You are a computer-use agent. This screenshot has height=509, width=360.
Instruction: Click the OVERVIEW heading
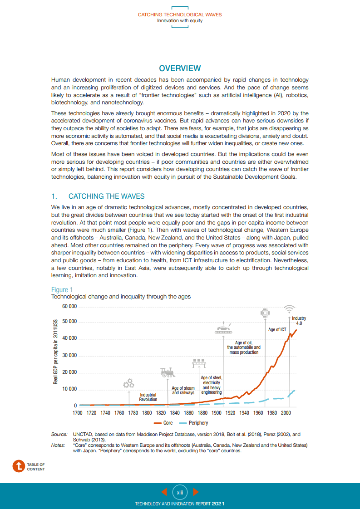pos(180,69)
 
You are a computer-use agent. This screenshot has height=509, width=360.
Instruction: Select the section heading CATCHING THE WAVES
pos(106,196)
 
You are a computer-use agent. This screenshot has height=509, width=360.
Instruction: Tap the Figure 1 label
pos(62,290)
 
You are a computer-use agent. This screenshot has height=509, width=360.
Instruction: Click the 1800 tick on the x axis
pos(147,413)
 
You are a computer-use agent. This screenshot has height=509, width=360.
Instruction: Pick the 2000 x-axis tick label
pos(286,413)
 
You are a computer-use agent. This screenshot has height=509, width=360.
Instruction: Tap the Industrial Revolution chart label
pos(148,397)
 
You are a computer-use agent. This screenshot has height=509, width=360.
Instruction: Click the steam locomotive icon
pos(168,372)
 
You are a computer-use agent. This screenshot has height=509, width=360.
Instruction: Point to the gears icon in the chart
pos(129,383)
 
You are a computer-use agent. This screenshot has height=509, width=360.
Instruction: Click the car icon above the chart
pos(223,329)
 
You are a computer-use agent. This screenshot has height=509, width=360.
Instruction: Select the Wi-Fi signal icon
pos(288,309)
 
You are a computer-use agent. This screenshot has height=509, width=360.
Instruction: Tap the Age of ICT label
pos(277,330)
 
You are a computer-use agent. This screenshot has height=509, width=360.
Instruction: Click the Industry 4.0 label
pos(299,321)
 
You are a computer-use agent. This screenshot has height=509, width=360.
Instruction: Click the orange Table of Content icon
pos(19,466)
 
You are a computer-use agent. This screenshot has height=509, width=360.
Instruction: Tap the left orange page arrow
pos(164,492)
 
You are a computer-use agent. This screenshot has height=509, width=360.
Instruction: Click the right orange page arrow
pos(196,492)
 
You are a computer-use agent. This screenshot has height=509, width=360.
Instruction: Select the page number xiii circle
pos(180,492)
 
